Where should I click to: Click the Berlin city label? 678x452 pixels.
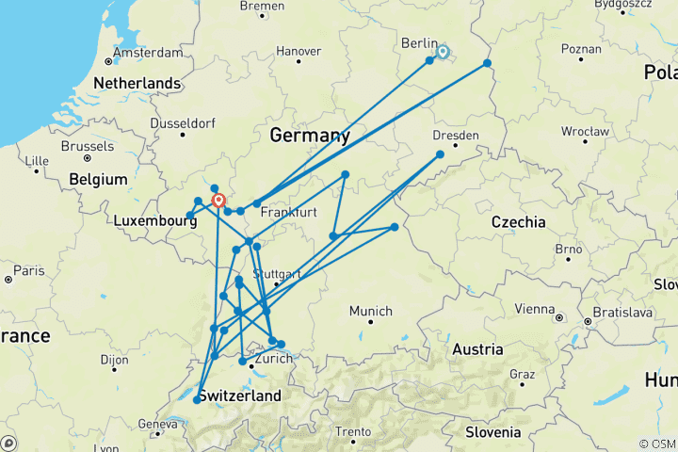(419, 43)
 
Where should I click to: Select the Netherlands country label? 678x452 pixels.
(137, 83)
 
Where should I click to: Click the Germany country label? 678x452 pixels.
(310, 136)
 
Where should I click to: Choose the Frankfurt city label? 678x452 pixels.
(289, 212)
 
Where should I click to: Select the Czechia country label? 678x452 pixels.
(518, 222)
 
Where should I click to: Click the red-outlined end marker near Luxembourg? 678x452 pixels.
(218, 201)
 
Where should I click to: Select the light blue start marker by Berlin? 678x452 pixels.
(443, 52)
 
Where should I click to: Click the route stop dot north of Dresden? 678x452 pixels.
(440, 154)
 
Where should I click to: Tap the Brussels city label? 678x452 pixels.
(87, 147)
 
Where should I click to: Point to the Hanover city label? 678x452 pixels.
(298, 51)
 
